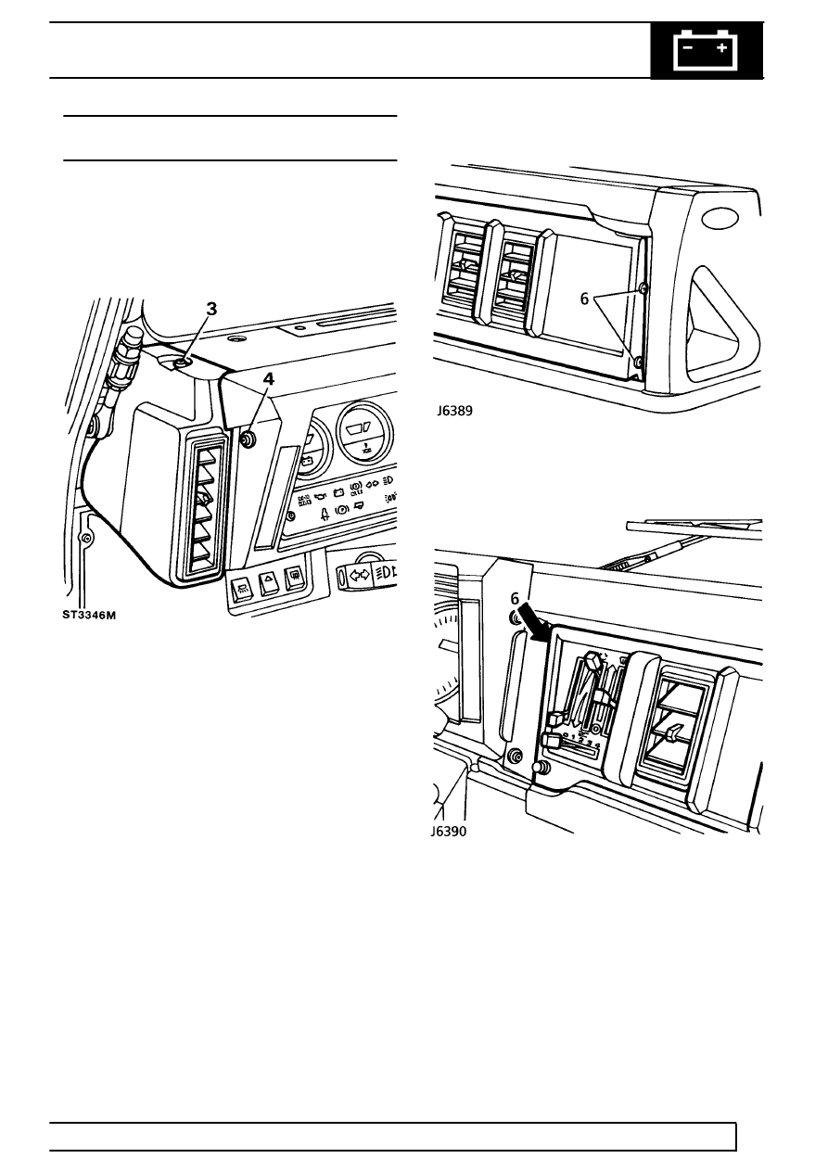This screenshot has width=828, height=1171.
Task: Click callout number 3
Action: (211, 310)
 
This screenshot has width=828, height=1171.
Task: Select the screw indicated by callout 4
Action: (248, 439)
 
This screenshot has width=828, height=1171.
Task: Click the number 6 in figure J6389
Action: (585, 301)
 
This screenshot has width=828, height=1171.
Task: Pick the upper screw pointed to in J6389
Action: (643, 290)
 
